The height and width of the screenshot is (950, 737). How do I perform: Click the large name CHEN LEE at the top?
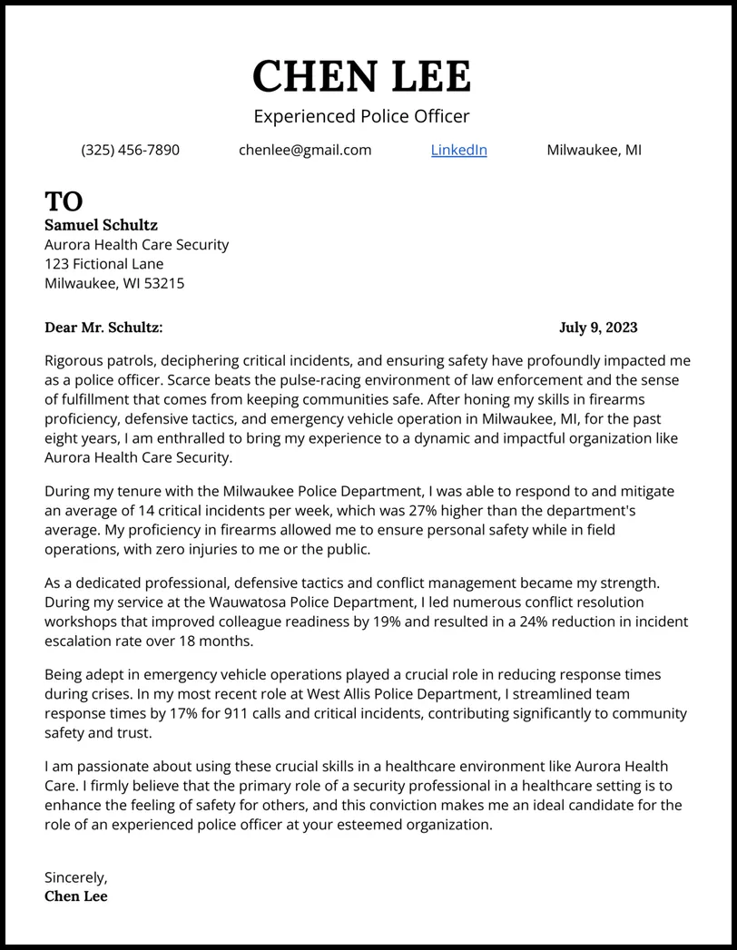[361, 76]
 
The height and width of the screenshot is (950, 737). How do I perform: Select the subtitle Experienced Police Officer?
[361, 116]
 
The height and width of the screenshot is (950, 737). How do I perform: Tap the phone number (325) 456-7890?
[130, 150]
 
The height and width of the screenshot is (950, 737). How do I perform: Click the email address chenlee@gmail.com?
[305, 150]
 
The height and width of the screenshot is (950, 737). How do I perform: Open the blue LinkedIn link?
[458, 150]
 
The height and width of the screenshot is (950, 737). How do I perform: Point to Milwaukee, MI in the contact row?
[594, 150]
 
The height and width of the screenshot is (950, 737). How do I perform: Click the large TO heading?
[64, 201]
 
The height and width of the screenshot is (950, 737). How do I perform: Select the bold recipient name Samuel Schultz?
[101, 225]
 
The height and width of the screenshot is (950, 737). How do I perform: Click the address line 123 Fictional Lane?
[104, 264]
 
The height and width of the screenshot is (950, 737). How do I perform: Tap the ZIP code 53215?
[164, 283]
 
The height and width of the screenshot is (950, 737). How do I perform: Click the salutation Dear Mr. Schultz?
[103, 328]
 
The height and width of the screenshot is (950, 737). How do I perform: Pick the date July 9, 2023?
[598, 328]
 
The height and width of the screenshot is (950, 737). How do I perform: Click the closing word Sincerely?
[76, 877]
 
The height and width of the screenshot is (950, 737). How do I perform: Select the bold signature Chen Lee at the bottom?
[76, 896]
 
